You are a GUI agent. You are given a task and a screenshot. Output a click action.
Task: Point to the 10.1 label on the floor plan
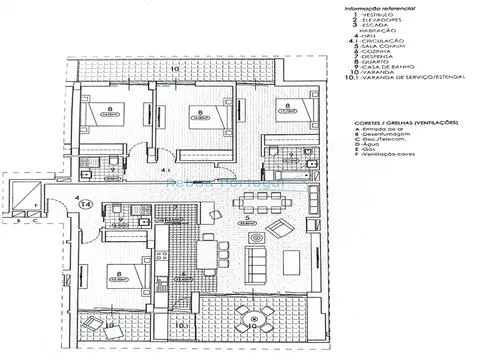[x=182, y=325]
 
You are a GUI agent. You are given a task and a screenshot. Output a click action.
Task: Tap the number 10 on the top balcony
[x=175, y=68]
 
